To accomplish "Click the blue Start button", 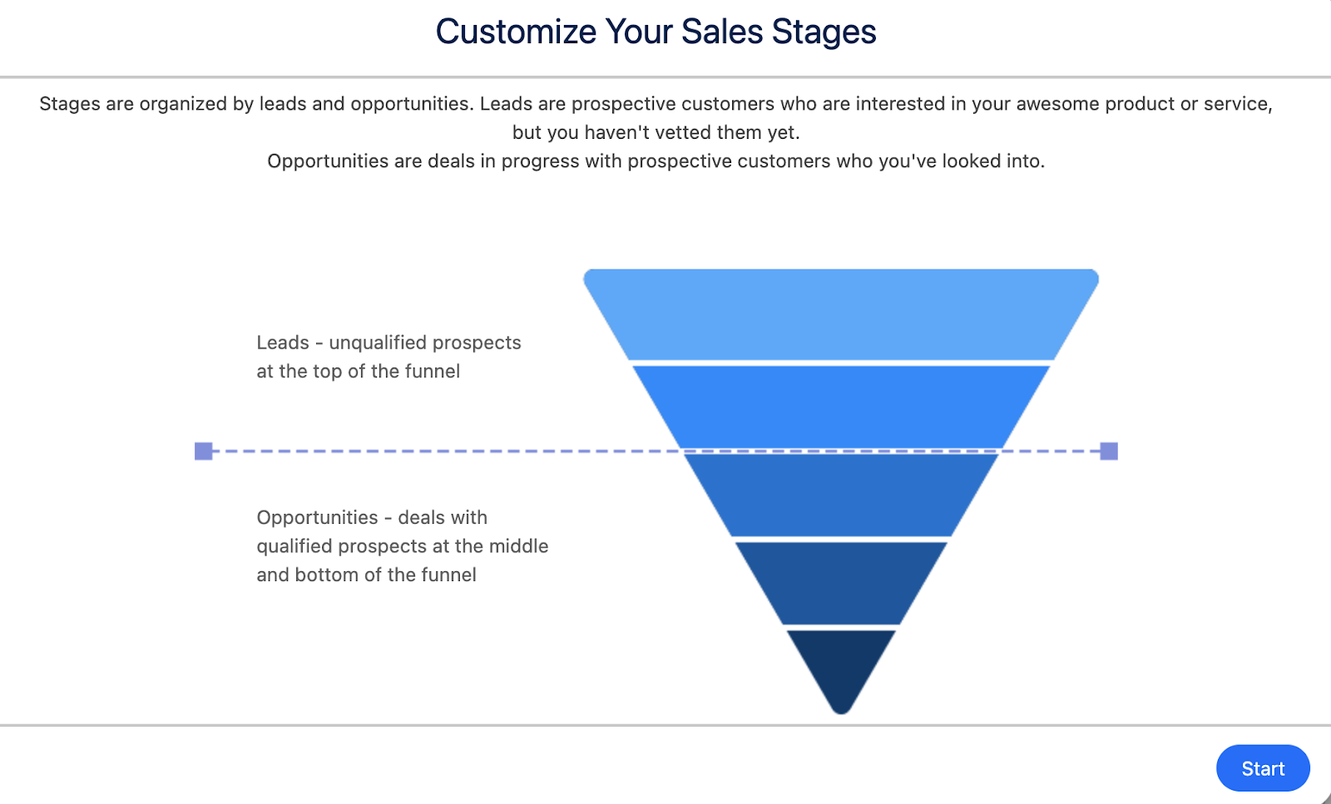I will (x=1263, y=768).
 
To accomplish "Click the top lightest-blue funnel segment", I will (x=841, y=315).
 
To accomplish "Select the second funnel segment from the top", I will (x=841, y=407).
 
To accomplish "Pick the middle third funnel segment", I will (x=841, y=495).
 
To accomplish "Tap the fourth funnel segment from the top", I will (x=841, y=582).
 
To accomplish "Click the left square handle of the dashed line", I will (x=204, y=451).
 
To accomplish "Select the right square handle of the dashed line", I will (x=1109, y=451).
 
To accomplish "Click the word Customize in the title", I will (x=516, y=32).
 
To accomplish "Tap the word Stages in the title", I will (x=824, y=32).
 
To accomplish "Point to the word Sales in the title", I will (x=722, y=32).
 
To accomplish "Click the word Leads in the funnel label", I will (x=283, y=343).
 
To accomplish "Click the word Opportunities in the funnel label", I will (x=317, y=517).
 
